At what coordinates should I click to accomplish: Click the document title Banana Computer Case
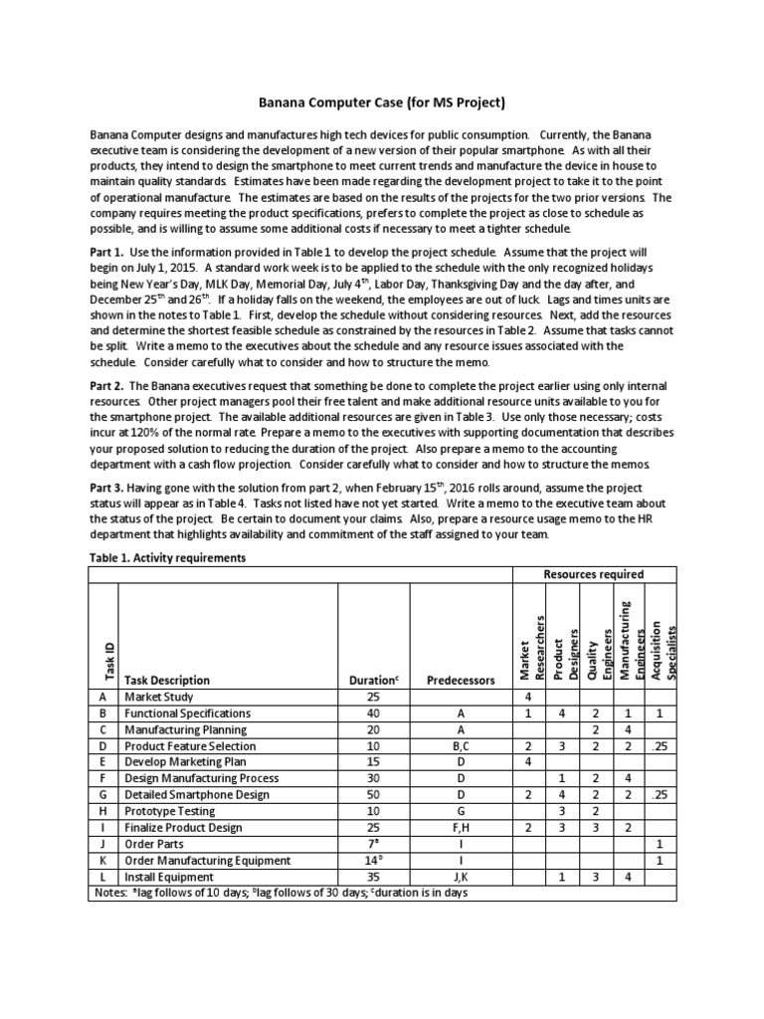pyautogui.click(x=382, y=102)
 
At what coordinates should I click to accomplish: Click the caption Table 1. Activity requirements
pyautogui.click(x=167, y=558)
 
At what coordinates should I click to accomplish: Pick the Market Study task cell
pyautogui.click(x=159, y=698)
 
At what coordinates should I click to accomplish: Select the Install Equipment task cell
pyautogui.click(x=168, y=876)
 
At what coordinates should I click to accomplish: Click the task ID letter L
pyautogui.click(x=103, y=876)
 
